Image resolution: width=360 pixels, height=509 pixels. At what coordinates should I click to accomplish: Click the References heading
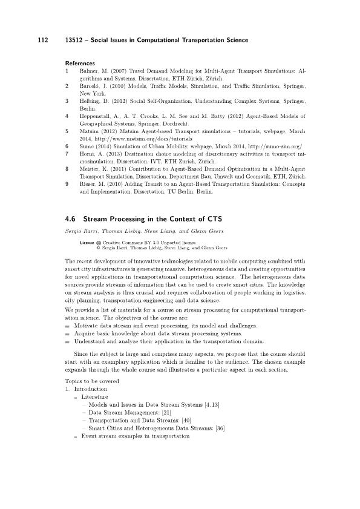pos(80,63)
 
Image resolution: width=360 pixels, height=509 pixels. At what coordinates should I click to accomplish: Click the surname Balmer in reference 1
pos(88,71)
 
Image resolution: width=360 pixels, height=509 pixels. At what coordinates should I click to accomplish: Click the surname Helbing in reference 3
pos(90,101)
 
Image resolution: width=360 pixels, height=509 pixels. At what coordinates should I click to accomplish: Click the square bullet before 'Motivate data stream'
pos(67,325)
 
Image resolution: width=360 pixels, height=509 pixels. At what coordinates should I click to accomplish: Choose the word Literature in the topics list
pos(93,396)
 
